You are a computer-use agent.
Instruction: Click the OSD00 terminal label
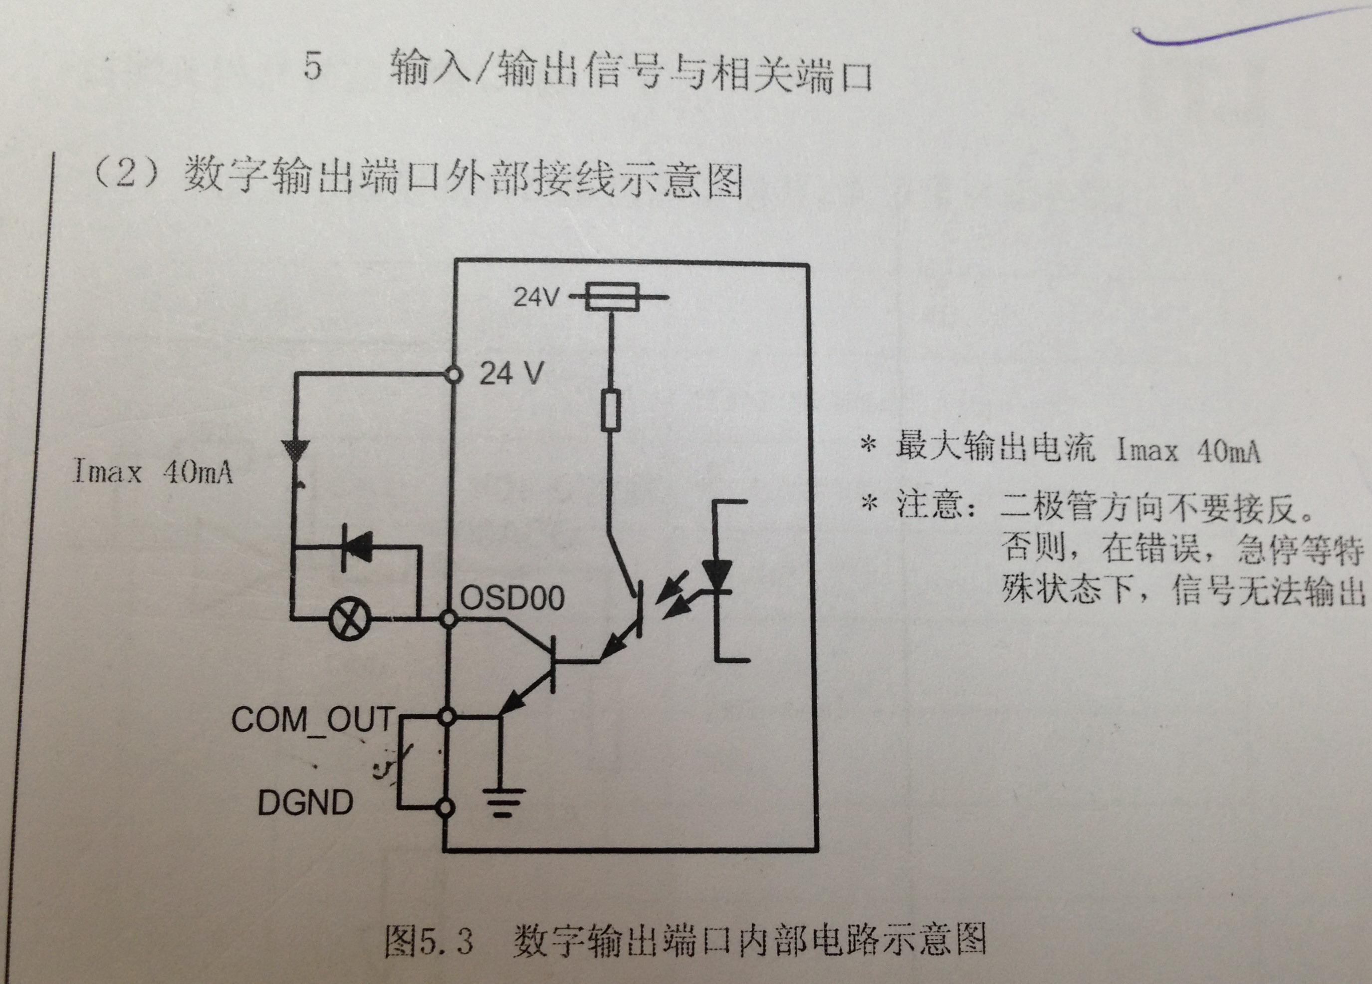pos(512,597)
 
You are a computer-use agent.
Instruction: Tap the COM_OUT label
pos(313,719)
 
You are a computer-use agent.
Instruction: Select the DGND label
pos(305,803)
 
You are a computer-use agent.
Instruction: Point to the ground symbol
pos(501,801)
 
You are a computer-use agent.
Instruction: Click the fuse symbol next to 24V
pos(612,297)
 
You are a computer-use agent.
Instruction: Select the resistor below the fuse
pos(611,410)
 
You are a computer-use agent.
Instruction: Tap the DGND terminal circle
pos(446,807)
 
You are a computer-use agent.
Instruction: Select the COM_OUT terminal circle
pos(447,717)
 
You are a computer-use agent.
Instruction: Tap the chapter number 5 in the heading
pos(312,66)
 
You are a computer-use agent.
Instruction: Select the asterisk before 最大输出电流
pos(869,446)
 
